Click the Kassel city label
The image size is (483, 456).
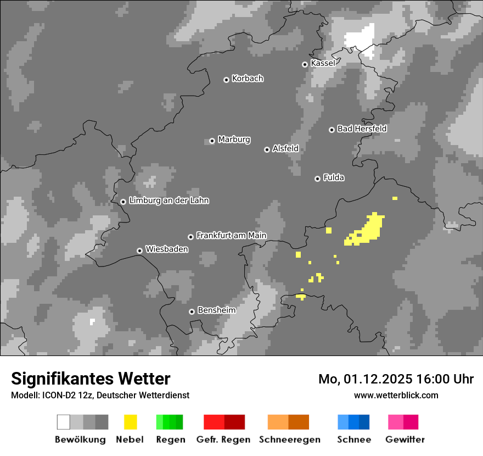pos(323,63)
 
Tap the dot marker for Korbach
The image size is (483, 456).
pos(226,80)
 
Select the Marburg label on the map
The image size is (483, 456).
pos(234,140)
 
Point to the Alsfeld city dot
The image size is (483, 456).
pos(267,149)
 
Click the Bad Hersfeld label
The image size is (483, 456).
pos(362,129)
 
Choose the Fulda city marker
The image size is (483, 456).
pos(317,179)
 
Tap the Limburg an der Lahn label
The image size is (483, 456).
pos(169,201)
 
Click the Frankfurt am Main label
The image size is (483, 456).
pos(231,236)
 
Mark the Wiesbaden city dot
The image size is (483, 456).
pos(139,251)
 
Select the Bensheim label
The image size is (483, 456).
pos(216,310)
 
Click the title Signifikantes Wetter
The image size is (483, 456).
pos(91,379)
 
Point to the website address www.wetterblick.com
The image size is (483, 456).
pos(396,395)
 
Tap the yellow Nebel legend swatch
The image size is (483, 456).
pos(130,422)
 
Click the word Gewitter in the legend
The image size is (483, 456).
pos(405,440)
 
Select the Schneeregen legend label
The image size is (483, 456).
pos(289,440)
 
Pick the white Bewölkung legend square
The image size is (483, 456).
pos(64,422)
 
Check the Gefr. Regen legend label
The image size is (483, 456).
pos(223,440)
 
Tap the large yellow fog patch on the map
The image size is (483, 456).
pos(369,229)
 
